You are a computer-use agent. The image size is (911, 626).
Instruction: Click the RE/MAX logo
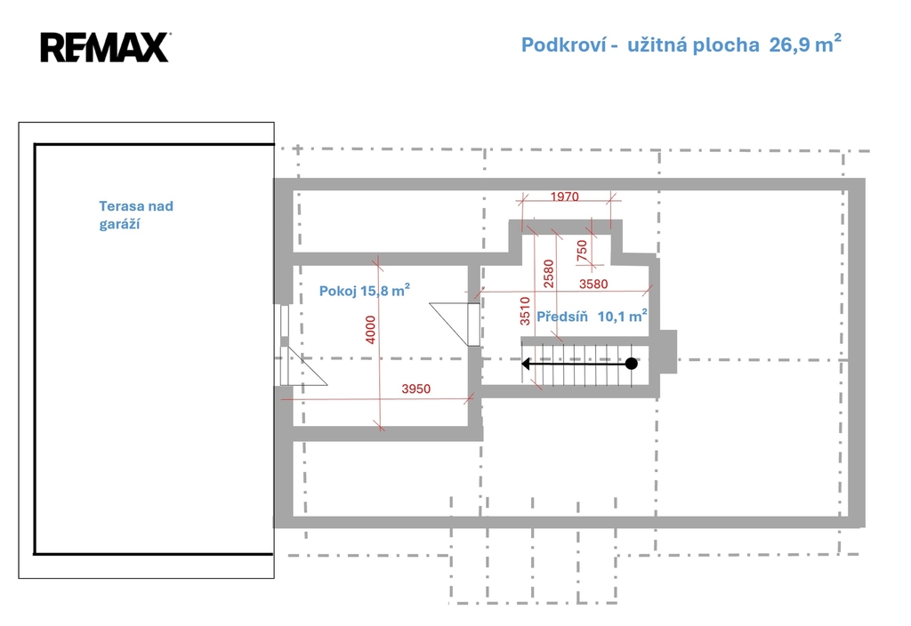coord(105,47)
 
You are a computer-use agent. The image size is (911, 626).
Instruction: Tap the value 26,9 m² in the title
coord(804,44)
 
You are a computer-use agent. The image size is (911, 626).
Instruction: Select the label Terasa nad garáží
coord(136,215)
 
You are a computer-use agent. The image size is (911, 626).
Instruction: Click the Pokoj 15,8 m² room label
coord(364,290)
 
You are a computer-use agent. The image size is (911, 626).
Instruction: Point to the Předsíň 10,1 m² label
coord(592,316)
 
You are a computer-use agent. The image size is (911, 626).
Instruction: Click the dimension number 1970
coord(564,197)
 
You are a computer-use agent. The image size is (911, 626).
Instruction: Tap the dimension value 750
coord(582,250)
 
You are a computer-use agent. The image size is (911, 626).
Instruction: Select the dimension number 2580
coord(548,274)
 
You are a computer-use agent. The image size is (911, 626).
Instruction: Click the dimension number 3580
coord(593,284)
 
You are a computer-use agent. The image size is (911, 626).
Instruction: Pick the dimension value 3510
coord(525,310)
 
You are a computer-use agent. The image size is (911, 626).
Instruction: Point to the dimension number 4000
coord(371,329)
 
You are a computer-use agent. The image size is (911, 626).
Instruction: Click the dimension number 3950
coord(416,389)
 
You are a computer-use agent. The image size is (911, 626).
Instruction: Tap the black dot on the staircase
coord(632,364)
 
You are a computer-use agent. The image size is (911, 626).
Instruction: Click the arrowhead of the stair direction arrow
coord(527,364)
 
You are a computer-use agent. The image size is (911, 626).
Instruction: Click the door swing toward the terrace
coord(303,365)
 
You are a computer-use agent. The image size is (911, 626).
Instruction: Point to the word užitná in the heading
coord(652,44)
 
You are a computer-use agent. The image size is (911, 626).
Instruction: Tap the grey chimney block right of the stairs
coord(668,352)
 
